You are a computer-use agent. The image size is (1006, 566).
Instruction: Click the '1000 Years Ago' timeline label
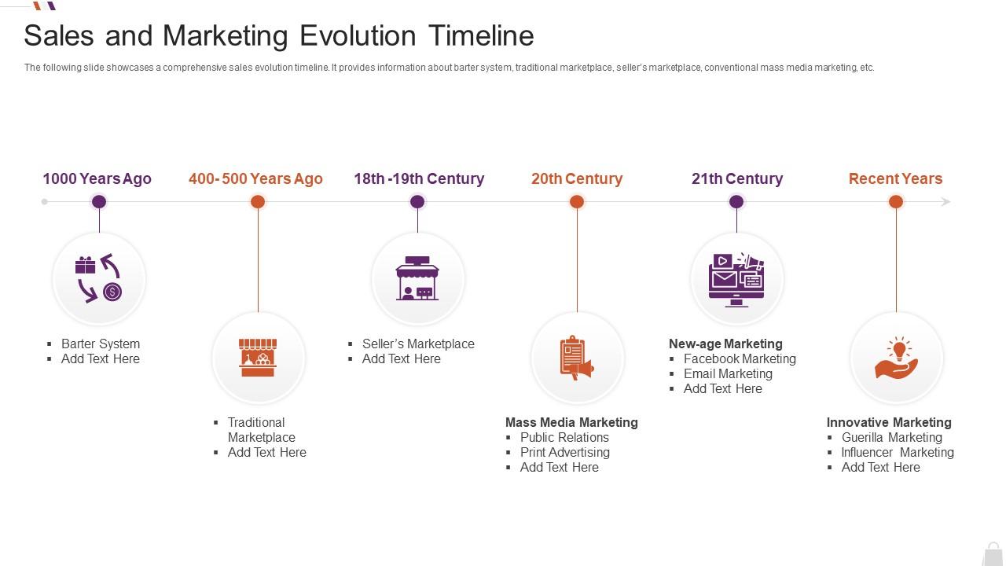coord(97,178)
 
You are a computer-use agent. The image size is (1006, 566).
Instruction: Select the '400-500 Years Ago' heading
coord(255,178)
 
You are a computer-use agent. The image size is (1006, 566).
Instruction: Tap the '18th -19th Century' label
coord(419,178)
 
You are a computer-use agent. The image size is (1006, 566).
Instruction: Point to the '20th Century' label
coord(577,178)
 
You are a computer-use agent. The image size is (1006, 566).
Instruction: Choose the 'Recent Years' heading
coord(895,178)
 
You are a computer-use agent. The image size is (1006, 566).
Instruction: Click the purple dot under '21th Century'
coord(736,202)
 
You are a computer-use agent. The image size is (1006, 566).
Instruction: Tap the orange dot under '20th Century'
coord(577,202)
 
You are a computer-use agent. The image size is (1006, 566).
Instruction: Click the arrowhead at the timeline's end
coord(945,202)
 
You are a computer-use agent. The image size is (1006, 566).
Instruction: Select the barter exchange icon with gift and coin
coord(99,278)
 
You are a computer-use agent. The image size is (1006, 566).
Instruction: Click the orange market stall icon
coord(258,358)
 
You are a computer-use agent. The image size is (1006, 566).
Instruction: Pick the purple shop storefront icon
coord(417,278)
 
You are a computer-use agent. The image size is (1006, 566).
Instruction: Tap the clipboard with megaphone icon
coord(577,358)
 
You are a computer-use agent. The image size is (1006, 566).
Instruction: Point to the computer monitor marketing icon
coord(736,279)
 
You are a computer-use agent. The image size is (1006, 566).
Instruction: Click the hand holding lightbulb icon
coord(897,358)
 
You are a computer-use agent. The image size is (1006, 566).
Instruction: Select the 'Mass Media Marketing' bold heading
coord(571,423)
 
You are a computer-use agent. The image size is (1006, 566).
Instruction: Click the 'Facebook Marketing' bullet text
coord(740,359)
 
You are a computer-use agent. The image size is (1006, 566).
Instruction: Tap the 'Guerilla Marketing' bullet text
coord(892,438)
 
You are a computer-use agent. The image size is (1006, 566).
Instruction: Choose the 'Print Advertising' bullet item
coord(565,452)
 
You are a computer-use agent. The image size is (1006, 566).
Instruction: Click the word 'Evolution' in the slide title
coord(358,36)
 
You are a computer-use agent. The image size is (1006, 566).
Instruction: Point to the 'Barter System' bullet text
coord(101,344)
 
